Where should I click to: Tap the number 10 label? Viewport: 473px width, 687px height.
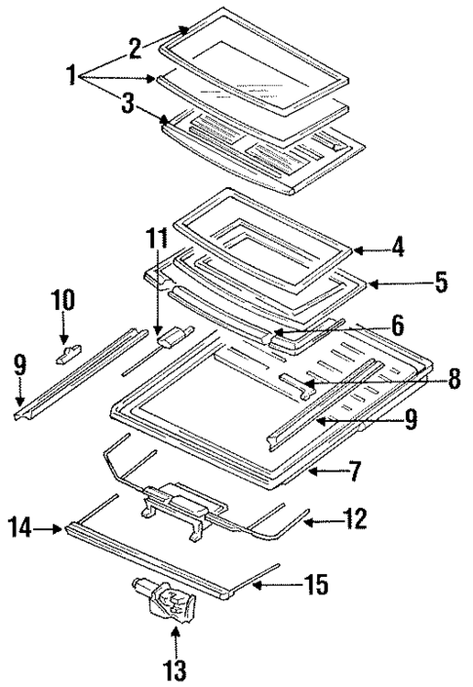62,299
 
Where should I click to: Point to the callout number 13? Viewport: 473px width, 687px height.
176,670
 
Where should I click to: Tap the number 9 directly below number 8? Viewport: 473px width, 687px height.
411,421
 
